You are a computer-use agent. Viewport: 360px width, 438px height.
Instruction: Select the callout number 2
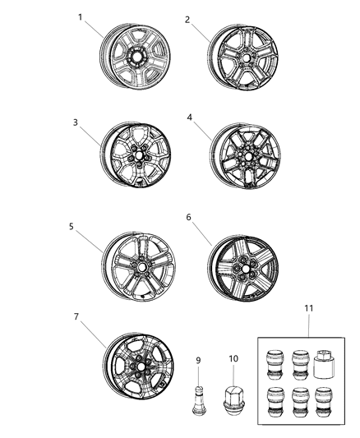click(187, 20)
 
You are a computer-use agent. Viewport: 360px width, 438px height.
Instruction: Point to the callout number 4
click(189, 118)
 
